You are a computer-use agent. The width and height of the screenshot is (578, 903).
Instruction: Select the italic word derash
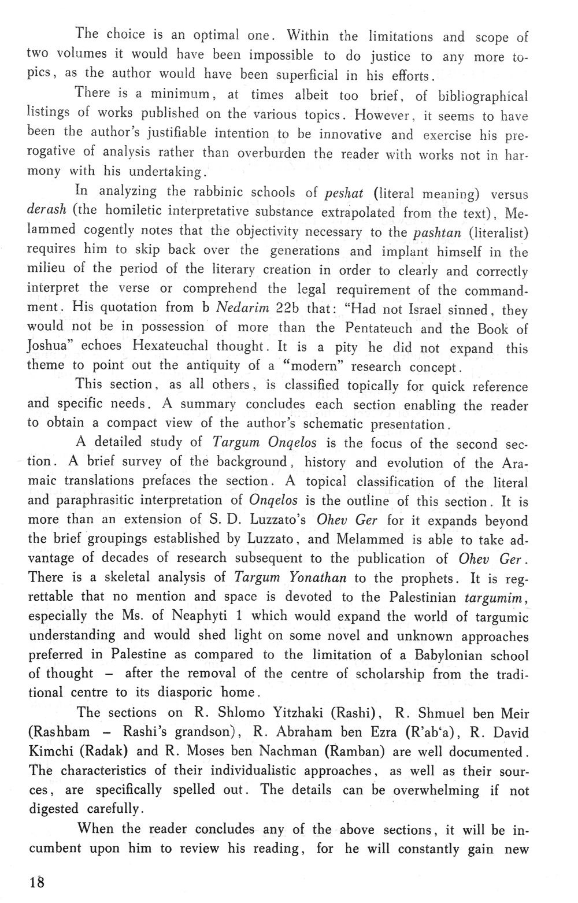click(x=47, y=210)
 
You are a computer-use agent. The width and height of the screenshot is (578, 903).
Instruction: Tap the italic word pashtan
click(x=437, y=232)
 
